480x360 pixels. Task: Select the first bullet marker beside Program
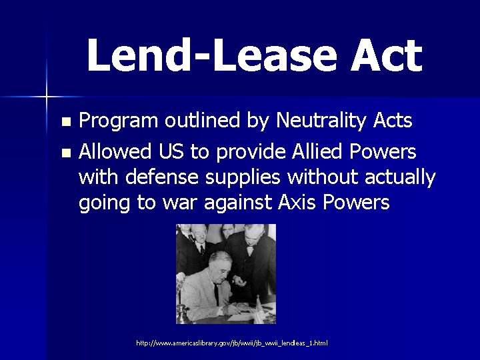[65, 122]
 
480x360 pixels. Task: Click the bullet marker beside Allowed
[65, 153]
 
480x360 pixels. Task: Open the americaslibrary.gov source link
[231, 343]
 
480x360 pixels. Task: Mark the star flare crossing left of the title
[46, 97]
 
